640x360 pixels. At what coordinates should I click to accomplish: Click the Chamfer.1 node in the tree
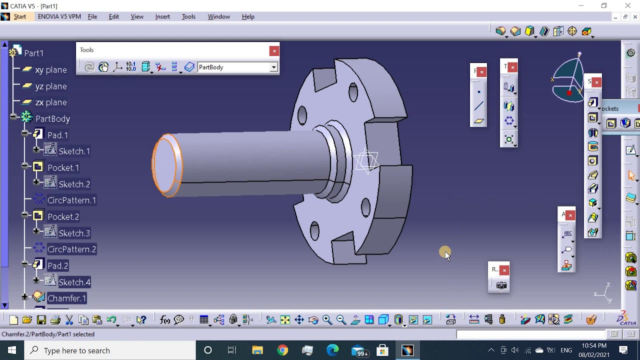(66, 298)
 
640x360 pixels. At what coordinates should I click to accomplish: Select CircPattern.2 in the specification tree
(71, 249)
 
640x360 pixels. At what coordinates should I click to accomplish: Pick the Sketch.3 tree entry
(74, 233)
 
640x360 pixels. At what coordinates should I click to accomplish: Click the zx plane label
(51, 102)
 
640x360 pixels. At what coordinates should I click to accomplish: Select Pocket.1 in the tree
(63, 168)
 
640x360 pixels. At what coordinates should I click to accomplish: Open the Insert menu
(162, 16)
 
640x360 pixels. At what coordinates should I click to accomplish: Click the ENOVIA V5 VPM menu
(59, 16)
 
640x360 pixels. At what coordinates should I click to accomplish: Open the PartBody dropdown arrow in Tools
(273, 67)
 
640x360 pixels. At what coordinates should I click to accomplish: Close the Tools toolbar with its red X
(274, 51)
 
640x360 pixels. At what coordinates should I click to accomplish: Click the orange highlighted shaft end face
(166, 165)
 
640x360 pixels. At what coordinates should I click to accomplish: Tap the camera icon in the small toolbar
(501, 285)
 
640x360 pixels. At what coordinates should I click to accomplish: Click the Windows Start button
(12, 350)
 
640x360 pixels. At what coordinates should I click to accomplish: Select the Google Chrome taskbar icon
(282, 350)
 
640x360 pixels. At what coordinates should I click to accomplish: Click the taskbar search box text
(76, 351)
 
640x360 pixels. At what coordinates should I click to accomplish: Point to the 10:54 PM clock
(594, 346)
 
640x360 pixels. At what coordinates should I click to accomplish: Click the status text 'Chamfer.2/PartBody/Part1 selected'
(48, 334)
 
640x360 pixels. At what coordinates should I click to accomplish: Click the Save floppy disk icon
(41, 320)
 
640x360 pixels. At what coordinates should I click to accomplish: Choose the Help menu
(248, 16)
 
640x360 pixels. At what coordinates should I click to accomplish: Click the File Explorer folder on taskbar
(257, 350)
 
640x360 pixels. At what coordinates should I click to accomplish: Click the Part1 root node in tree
(33, 53)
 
